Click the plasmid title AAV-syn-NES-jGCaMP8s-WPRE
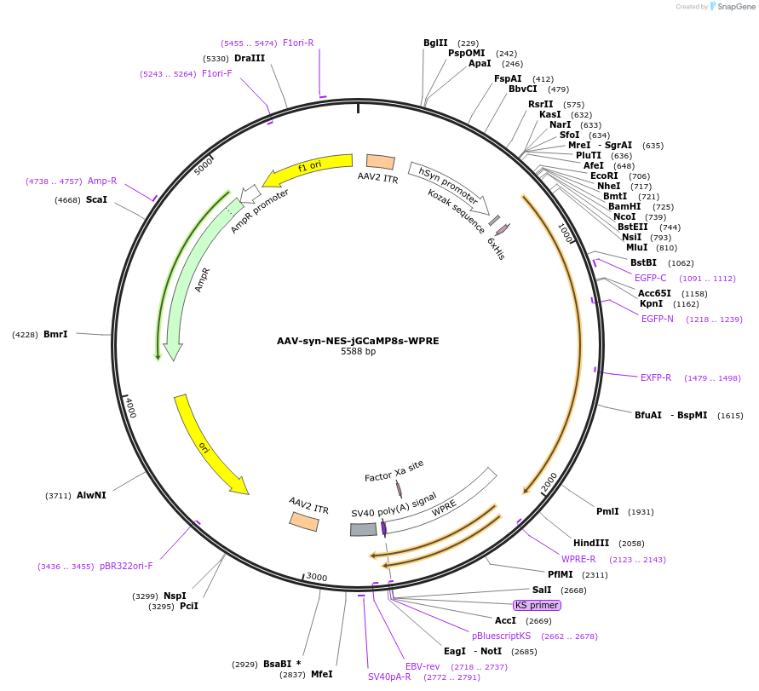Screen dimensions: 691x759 click(358, 341)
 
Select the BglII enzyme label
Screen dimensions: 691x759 click(435, 43)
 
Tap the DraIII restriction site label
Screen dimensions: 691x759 click(250, 58)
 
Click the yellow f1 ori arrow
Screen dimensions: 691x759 click(307, 168)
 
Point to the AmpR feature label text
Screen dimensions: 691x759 click(202, 279)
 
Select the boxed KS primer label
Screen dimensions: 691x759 click(537, 605)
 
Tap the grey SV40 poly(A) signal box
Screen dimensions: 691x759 click(363, 529)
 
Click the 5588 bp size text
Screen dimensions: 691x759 click(358, 351)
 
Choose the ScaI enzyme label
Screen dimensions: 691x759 click(96, 199)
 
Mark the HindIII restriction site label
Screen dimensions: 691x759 click(591, 543)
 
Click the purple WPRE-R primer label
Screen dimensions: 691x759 click(578, 559)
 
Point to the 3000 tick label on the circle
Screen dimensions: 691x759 click(317, 577)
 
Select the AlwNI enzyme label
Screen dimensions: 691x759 click(91, 495)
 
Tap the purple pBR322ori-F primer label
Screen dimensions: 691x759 click(126, 566)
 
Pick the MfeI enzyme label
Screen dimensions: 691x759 click(321, 674)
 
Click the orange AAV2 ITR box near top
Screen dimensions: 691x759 click(380, 162)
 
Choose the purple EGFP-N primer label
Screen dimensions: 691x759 click(658, 319)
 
